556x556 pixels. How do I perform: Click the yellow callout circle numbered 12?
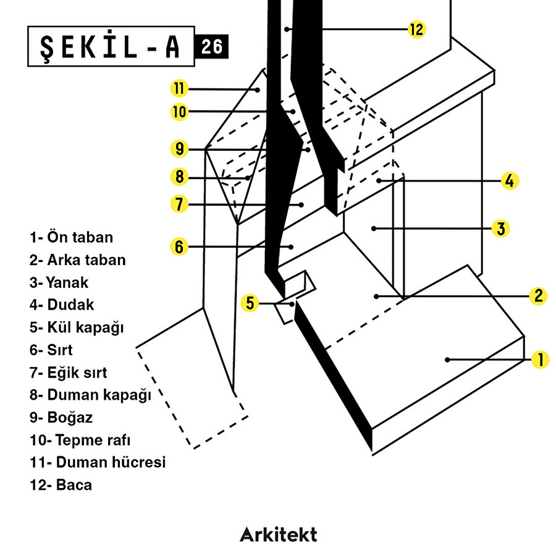point(418,29)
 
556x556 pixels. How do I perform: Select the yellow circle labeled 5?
point(250,303)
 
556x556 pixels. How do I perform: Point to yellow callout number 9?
point(179,149)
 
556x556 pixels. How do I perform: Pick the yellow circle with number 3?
point(500,229)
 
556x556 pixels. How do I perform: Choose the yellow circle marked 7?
point(179,204)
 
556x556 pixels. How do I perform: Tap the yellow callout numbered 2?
point(539,296)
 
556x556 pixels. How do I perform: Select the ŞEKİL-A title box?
point(111,46)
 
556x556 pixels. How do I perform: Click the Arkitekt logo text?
point(278,534)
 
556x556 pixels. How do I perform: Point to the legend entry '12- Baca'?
point(61,485)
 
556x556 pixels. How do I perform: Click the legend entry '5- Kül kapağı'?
point(77,327)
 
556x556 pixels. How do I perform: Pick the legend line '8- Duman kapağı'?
point(90,395)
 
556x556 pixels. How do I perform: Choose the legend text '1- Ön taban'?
point(72,237)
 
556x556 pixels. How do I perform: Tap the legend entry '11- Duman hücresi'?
point(98,462)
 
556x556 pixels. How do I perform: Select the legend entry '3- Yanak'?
point(59,283)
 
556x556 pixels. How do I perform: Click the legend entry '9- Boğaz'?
point(61,418)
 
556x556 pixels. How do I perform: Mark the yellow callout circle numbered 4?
point(509,181)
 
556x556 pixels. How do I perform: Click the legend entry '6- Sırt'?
point(51,350)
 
